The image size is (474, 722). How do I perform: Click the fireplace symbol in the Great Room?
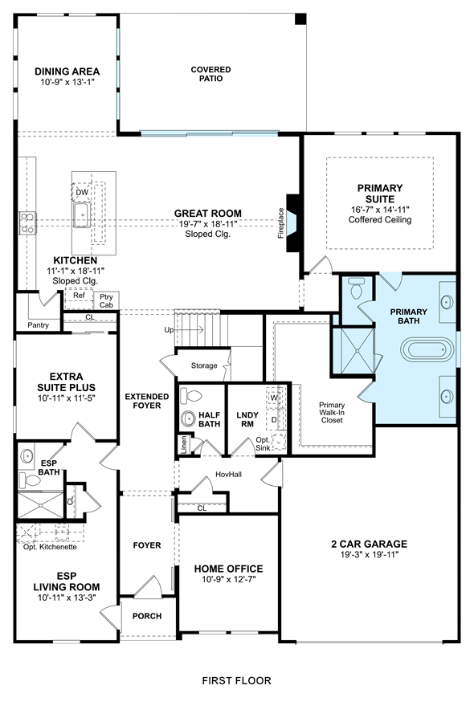pyautogui.click(x=293, y=223)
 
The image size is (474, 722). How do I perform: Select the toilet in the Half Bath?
pyautogui.click(x=191, y=396)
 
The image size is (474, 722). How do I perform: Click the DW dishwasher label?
pyautogui.click(x=82, y=193)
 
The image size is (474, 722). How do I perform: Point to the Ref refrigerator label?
pyautogui.click(x=80, y=296)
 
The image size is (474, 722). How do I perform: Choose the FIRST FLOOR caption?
pyautogui.click(x=237, y=680)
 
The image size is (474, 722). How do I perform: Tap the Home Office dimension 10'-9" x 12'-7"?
pyautogui.click(x=228, y=579)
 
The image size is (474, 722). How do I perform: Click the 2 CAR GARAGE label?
pyautogui.click(x=370, y=544)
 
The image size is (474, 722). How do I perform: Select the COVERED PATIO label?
pyautogui.click(x=211, y=74)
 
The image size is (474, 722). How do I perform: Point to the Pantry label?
pyautogui.click(x=39, y=325)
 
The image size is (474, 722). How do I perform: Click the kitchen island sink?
pyautogui.click(x=81, y=215)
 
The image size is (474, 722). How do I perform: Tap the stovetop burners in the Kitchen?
pyautogui.click(x=27, y=222)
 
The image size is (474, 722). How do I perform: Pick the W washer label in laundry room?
pyautogui.click(x=275, y=398)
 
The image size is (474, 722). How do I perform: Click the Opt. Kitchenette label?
pyautogui.click(x=50, y=547)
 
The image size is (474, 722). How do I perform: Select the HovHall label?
pyautogui.click(x=228, y=475)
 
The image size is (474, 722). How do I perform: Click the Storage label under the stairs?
pyautogui.click(x=204, y=365)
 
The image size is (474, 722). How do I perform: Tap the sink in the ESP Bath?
pyautogui.click(x=27, y=456)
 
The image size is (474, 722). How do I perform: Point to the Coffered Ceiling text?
pyautogui.click(x=380, y=219)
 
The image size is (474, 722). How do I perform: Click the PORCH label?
pyautogui.click(x=147, y=616)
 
